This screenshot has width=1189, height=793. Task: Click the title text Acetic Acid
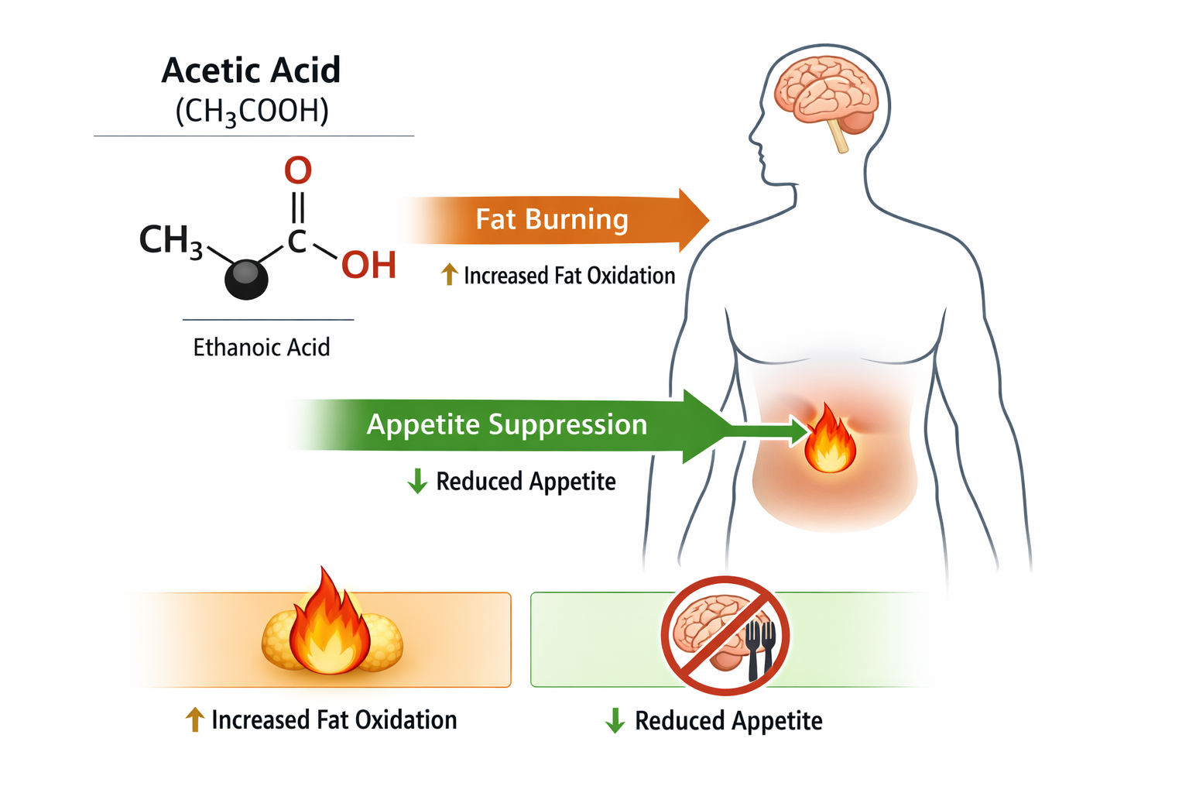tap(251, 70)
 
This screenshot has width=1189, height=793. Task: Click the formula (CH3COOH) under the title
tap(252, 112)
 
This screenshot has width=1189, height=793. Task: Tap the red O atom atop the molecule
tap(298, 170)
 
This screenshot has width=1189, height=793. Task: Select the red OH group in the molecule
tap(369, 266)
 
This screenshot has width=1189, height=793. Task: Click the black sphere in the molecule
tap(246, 279)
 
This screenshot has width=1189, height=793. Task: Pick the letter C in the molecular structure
tap(297, 242)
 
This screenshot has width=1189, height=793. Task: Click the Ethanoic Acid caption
tap(262, 347)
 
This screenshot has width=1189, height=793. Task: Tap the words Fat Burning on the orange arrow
tap(551, 220)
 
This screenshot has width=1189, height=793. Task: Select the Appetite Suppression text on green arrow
tap(506, 424)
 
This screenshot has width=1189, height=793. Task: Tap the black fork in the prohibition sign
tap(760, 647)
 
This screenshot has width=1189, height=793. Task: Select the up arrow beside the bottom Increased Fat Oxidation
tap(194, 719)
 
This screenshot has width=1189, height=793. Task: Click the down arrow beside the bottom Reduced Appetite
tap(615, 720)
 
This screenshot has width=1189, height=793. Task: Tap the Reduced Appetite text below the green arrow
tap(526, 482)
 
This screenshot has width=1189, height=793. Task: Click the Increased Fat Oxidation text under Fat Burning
tap(569, 276)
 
